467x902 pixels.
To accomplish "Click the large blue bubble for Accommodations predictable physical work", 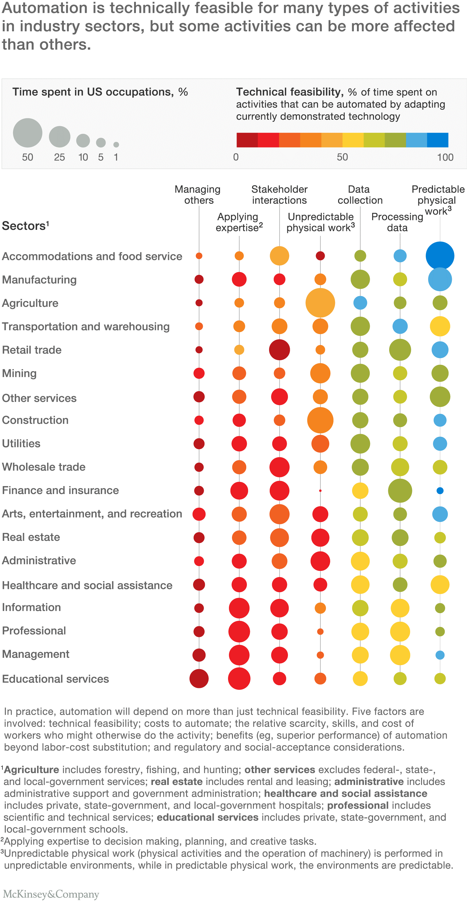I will (440, 256).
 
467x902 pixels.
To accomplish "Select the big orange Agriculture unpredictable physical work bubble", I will (320, 303).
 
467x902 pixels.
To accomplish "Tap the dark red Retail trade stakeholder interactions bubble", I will (279, 350).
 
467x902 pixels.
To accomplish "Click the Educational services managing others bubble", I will (199, 678).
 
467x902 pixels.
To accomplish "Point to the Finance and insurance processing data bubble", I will (400, 491).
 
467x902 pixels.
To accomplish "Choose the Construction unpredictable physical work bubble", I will (320, 420).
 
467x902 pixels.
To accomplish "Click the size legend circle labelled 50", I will (28, 133).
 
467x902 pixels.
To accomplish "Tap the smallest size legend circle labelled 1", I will (116, 145).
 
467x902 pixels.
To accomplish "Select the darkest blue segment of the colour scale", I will (438, 140).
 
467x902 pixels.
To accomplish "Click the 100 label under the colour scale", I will (445, 157).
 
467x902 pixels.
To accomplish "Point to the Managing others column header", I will (198, 195).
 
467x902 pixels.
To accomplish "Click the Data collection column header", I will (360, 195).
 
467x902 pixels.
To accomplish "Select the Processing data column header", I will (397, 222).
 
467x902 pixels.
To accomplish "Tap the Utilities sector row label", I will (21, 444).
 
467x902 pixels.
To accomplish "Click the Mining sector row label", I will (19, 373).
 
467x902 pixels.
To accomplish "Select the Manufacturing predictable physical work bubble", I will (440, 279).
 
